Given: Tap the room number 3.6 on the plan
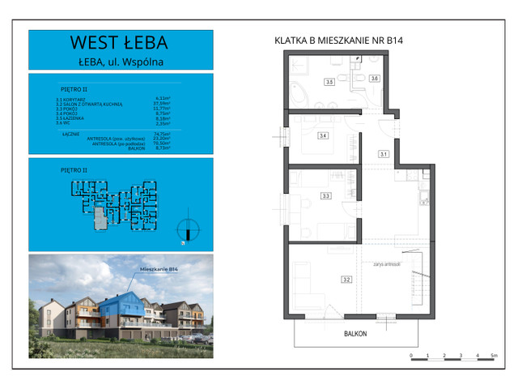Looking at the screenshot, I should [374, 79].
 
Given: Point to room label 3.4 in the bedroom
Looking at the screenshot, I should [323, 135].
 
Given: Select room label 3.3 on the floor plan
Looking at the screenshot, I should [325, 195].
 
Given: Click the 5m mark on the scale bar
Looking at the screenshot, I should [494, 356].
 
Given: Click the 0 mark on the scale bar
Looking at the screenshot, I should [411, 356].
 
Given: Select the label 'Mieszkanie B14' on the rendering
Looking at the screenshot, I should [159, 270].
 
